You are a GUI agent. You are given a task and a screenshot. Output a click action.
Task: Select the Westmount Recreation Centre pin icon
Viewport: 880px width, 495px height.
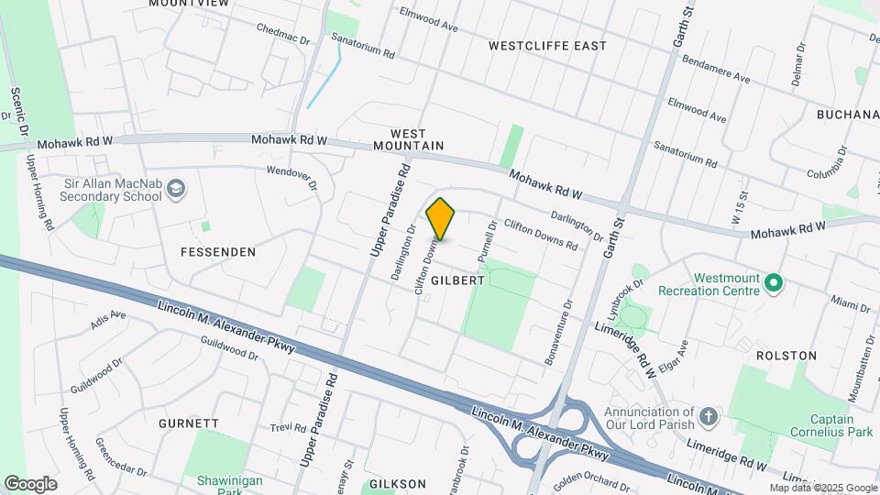coord(774,283)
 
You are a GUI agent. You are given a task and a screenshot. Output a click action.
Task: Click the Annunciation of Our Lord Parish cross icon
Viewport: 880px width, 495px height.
coord(708,418)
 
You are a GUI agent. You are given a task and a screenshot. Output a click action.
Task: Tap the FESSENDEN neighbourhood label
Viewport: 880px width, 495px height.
coord(217,251)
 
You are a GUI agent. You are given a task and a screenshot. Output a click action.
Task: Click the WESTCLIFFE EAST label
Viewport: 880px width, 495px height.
coord(547,45)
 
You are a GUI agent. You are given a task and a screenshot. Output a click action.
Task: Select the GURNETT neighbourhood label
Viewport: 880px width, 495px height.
coord(189,423)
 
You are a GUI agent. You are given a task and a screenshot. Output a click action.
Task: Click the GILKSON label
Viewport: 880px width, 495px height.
coord(397,483)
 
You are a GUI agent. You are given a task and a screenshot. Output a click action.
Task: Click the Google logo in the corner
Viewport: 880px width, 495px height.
coord(30,483)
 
